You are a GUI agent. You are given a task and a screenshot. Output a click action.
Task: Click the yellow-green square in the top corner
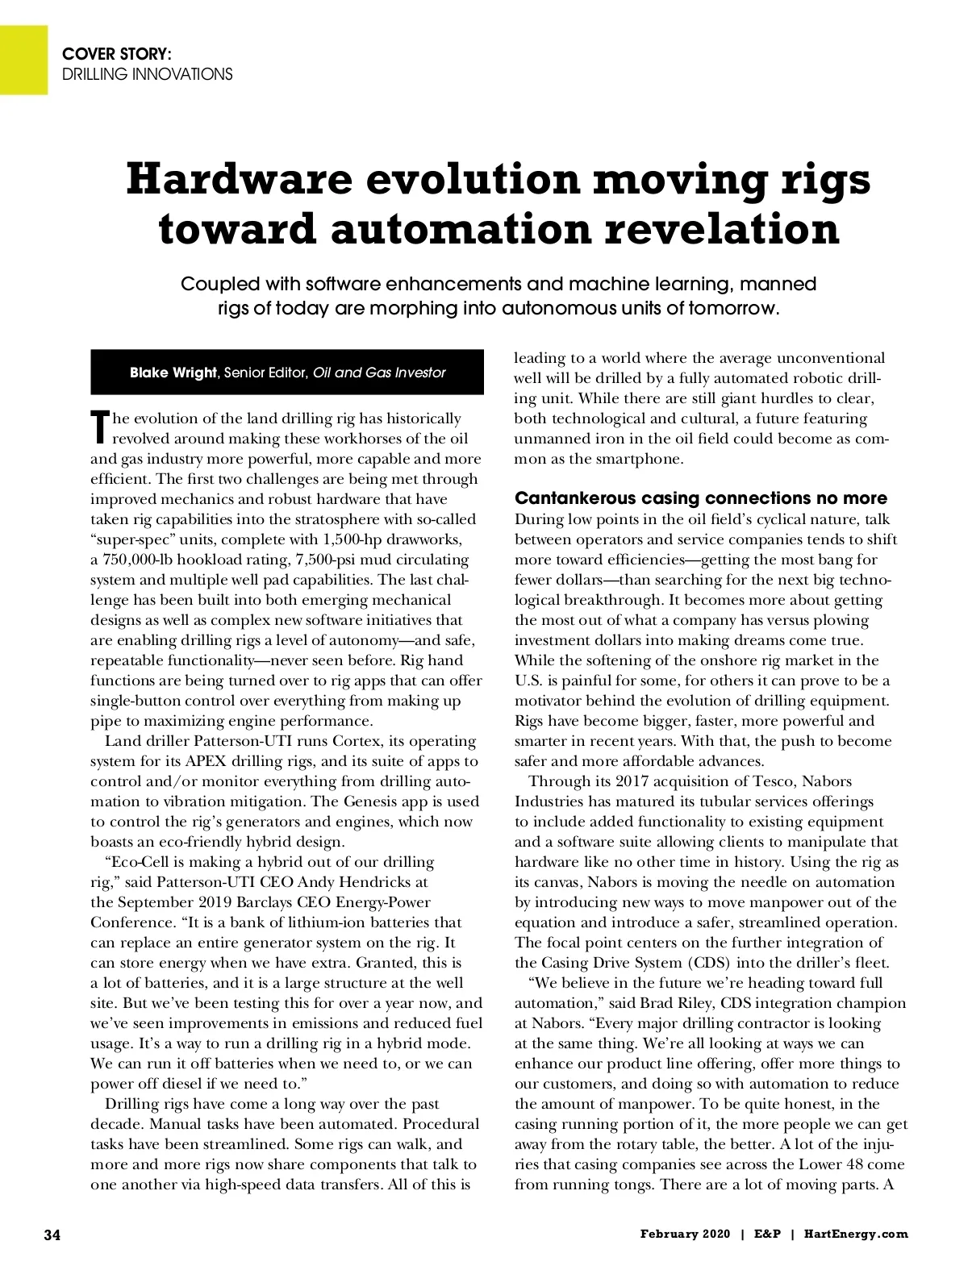click(23, 59)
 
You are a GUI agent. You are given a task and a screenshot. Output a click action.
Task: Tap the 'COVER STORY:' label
click(116, 54)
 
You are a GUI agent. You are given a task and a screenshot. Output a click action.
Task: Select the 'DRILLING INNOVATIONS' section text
click(148, 74)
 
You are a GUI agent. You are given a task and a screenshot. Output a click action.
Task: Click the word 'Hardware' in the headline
click(239, 179)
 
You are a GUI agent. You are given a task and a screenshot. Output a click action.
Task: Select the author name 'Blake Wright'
click(173, 373)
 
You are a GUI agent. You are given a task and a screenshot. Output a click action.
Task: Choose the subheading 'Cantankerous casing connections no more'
click(700, 498)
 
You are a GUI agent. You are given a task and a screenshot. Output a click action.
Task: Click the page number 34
click(52, 1235)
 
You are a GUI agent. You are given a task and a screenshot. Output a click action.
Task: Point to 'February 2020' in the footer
click(685, 1234)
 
